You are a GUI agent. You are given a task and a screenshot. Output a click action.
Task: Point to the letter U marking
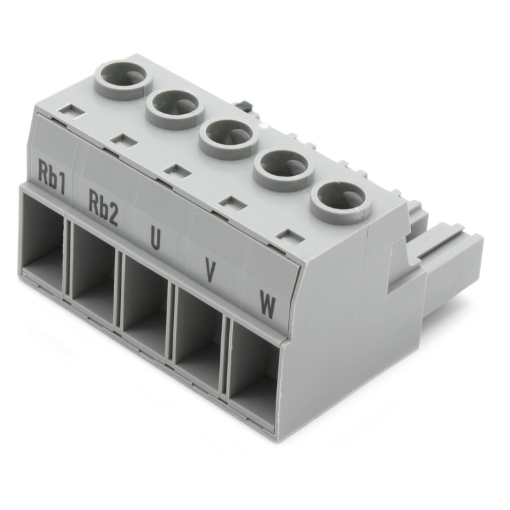[x=155, y=239]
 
